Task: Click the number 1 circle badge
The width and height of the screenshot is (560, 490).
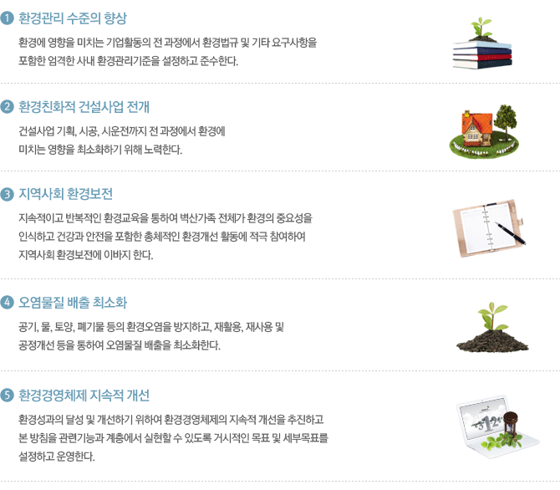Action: tap(8, 18)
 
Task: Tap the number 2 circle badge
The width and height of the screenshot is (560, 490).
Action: tap(8, 106)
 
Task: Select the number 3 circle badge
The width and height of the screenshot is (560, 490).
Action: tap(8, 194)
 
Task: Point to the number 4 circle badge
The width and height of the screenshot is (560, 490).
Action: tap(8, 303)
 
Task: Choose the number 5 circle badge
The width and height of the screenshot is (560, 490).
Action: tap(8, 396)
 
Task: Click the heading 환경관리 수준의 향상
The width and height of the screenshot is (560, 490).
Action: tap(73, 18)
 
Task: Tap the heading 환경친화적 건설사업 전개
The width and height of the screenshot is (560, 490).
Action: tap(84, 106)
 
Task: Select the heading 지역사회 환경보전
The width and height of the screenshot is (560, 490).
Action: tap(66, 194)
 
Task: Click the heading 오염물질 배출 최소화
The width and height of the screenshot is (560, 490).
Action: tap(73, 303)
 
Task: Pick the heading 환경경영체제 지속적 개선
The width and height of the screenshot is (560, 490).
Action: tap(84, 396)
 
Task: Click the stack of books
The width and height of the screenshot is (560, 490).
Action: tap(482, 54)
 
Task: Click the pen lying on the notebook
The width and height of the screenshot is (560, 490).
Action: tap(510, 232)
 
